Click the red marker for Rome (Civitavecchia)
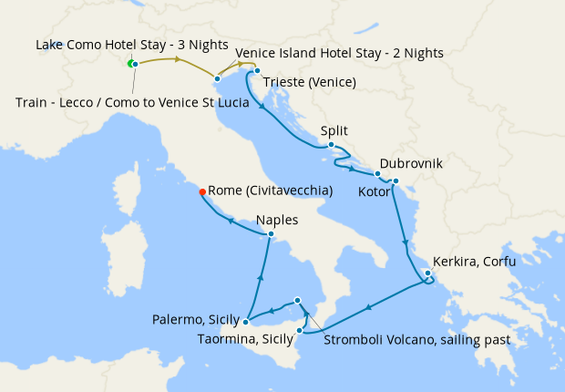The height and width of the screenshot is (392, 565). pos(201,191)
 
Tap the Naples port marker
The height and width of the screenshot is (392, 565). pos(271,234)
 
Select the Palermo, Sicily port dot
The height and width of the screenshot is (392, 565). pos(246,321)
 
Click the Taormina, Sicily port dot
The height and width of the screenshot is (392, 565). pos(300,330)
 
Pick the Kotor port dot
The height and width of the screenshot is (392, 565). pos(395,181)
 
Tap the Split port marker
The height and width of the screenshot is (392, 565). pos(331,145)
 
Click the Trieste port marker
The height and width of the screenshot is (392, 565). pos(257,71)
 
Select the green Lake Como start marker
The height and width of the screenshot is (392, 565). pos(130,63)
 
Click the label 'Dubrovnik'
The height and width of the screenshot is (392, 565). pos(411,164)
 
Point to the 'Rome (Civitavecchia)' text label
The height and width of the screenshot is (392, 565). pos(270,191)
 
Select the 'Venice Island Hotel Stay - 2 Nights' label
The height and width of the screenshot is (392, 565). pos(339,54)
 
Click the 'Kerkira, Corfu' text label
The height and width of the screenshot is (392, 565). pos(474,262)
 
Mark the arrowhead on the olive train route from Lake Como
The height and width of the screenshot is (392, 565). pos(173,60)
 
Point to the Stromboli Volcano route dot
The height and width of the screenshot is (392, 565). pos(297,300)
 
